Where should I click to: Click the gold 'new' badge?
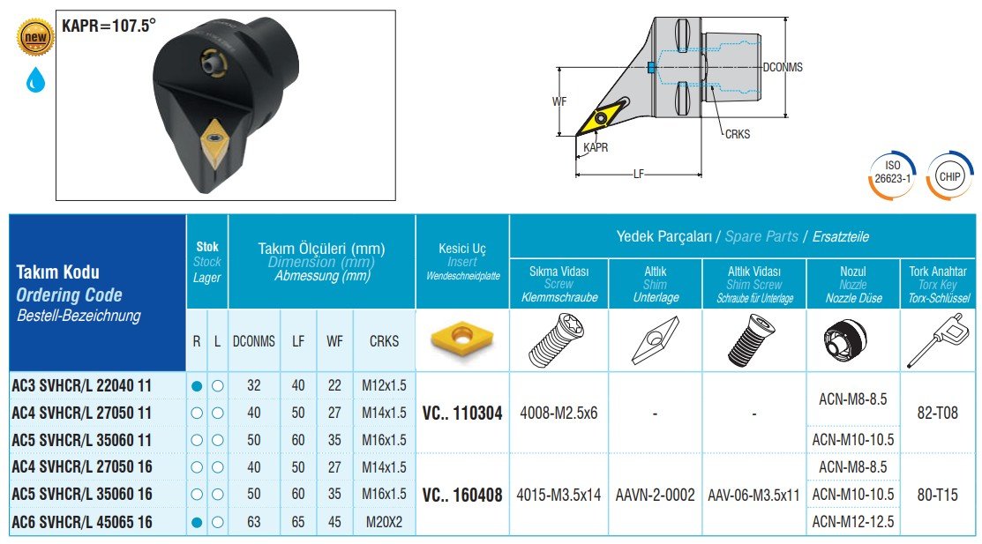tap(35, 37)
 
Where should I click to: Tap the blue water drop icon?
tap(35, 80)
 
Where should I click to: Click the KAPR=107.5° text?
tap(109, 26)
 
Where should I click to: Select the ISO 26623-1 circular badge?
tap(892, 175)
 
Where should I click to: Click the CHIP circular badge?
tap(949, 176)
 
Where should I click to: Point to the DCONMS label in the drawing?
tap(783, 67)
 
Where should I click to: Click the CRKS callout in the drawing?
tap(737, 134)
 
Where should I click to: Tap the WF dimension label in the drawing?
tap(559, 101)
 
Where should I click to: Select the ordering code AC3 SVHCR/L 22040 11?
tap(81, 385)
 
